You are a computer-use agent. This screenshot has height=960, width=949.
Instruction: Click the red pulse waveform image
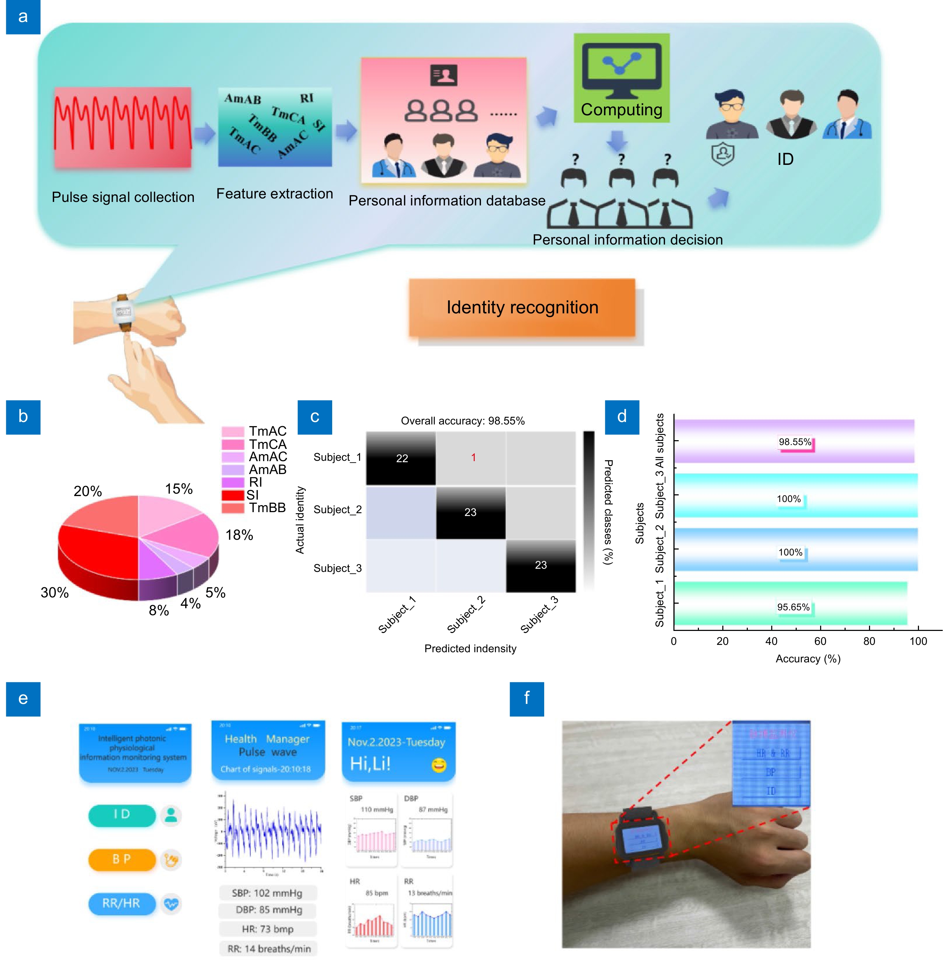pos(122,127)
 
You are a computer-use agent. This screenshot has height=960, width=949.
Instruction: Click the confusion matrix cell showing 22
pos(401,458)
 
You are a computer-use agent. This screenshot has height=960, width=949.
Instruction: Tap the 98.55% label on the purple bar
pos(795,442)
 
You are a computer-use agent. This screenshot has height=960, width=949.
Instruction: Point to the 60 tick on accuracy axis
pos(820,641)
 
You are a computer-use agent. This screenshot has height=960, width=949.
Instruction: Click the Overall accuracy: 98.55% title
pos(462,421)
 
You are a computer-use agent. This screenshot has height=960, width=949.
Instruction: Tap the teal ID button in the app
pos(122,814)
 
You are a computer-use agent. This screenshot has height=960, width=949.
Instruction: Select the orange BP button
pos(122,859)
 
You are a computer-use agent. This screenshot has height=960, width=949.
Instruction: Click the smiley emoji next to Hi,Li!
pos(438,765)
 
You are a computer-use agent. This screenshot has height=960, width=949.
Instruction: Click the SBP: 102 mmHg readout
pos(267,893)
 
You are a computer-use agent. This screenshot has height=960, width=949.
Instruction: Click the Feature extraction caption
pos(274,194)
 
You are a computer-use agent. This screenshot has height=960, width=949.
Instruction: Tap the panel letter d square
pos(622,417)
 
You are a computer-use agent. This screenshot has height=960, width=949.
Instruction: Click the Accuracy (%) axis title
pos(808,659)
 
